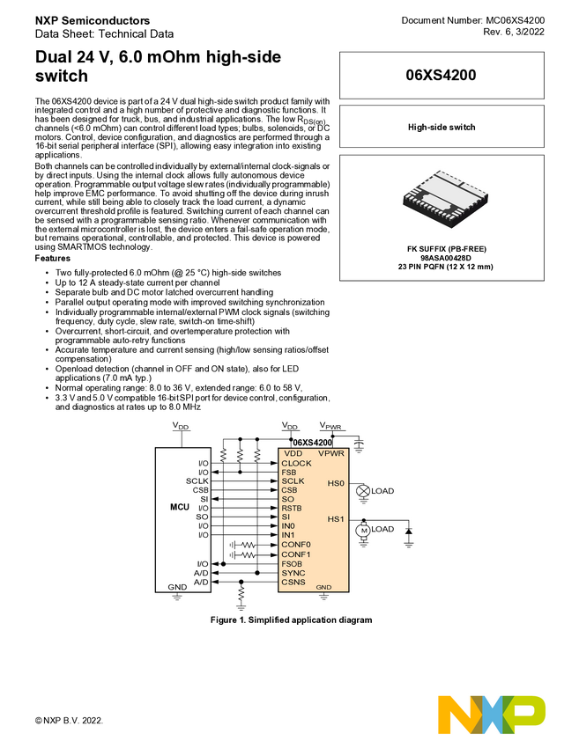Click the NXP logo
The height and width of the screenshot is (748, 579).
pos(492,714)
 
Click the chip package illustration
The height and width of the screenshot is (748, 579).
pos(445,199)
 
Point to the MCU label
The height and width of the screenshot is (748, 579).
pos(180,508)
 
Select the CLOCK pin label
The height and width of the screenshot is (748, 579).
pos(296,463)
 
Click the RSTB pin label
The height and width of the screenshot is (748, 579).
pos(292,508)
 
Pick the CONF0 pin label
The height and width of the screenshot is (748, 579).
pos(296,545)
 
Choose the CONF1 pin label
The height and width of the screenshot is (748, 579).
pos(296,554)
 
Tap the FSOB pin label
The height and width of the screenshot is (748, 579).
pos(293,564)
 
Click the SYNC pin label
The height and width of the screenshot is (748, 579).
pos(293,573)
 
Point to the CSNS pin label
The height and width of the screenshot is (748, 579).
pos(293,583)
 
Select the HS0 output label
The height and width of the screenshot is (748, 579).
pos(336,483)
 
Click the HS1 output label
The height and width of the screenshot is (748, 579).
pos(336,519)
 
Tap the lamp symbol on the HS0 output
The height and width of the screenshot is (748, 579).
pos(360,491)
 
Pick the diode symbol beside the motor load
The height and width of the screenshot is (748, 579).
pos(409,532)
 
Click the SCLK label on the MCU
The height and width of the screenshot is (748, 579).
pos(197,481)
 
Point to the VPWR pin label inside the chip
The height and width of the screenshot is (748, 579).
pos(330,453)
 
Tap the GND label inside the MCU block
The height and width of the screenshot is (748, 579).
pos(177,586)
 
